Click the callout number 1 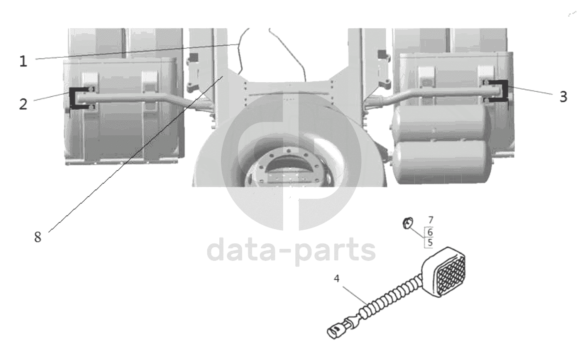23,61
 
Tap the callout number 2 23,104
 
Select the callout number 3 563,97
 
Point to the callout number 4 336,279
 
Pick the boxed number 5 430,242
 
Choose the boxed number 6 430,232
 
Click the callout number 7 431,220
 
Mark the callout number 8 38,237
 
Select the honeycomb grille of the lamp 452,277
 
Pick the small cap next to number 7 408,223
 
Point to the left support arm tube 140,100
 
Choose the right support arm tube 432,95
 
